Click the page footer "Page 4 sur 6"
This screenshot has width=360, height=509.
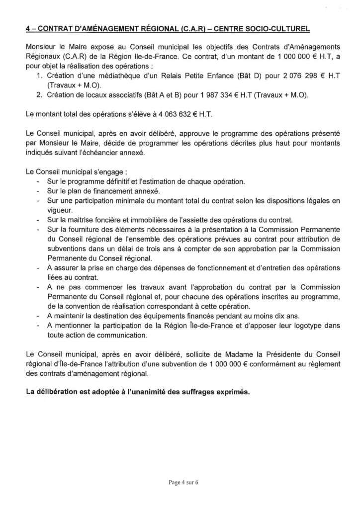point(180,482)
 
